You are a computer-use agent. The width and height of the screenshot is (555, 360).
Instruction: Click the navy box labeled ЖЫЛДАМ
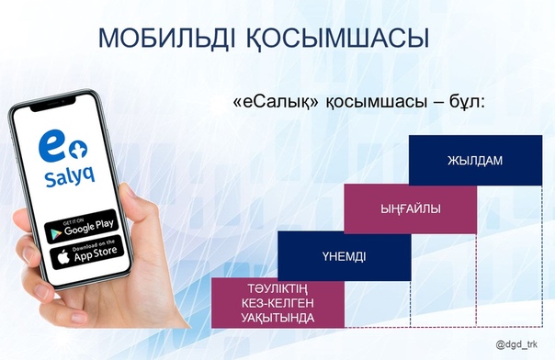point(475,161)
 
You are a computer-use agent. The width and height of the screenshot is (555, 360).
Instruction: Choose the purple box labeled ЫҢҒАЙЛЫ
point(411,209)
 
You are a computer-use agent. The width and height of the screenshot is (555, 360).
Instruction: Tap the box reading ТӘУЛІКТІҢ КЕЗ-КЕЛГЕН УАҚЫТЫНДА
point(277,302)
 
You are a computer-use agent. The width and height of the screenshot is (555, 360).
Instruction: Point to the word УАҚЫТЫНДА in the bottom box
point(277,318)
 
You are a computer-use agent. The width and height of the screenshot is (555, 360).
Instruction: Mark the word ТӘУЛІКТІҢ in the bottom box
point(277,287)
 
